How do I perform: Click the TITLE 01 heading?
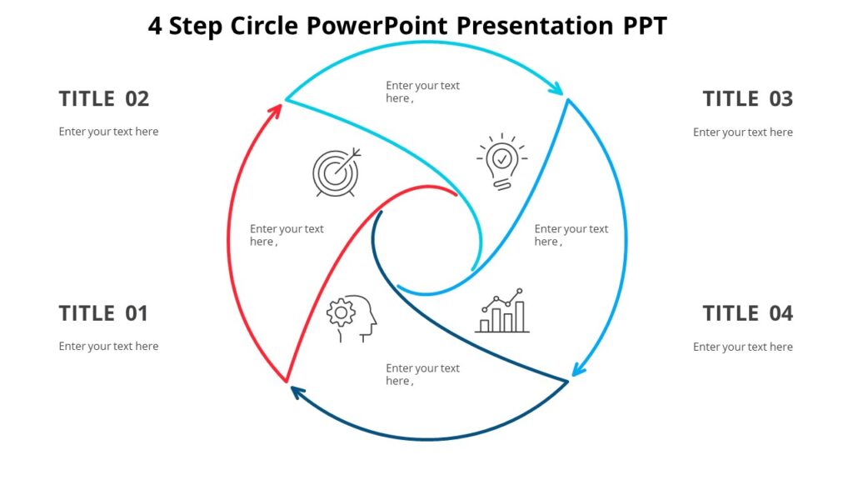tap(103, 313)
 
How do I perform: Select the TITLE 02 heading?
tap(103, 98)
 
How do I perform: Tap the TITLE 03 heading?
tap(747, 98)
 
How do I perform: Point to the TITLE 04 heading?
tap(747, 313)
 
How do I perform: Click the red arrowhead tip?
tap(279, 107)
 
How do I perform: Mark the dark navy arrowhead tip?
tap(292, 388)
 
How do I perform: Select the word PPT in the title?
tap(645, 26)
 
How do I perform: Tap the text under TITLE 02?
tap(108, 132)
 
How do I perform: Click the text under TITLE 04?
tap(742, 347)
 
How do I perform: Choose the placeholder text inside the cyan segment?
tap(422, 92)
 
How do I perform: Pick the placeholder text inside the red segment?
tap(287, 235)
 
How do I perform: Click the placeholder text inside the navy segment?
tap(422, 374)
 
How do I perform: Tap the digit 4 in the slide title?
tap(155, 26)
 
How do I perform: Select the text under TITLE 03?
tap(742, 132)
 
